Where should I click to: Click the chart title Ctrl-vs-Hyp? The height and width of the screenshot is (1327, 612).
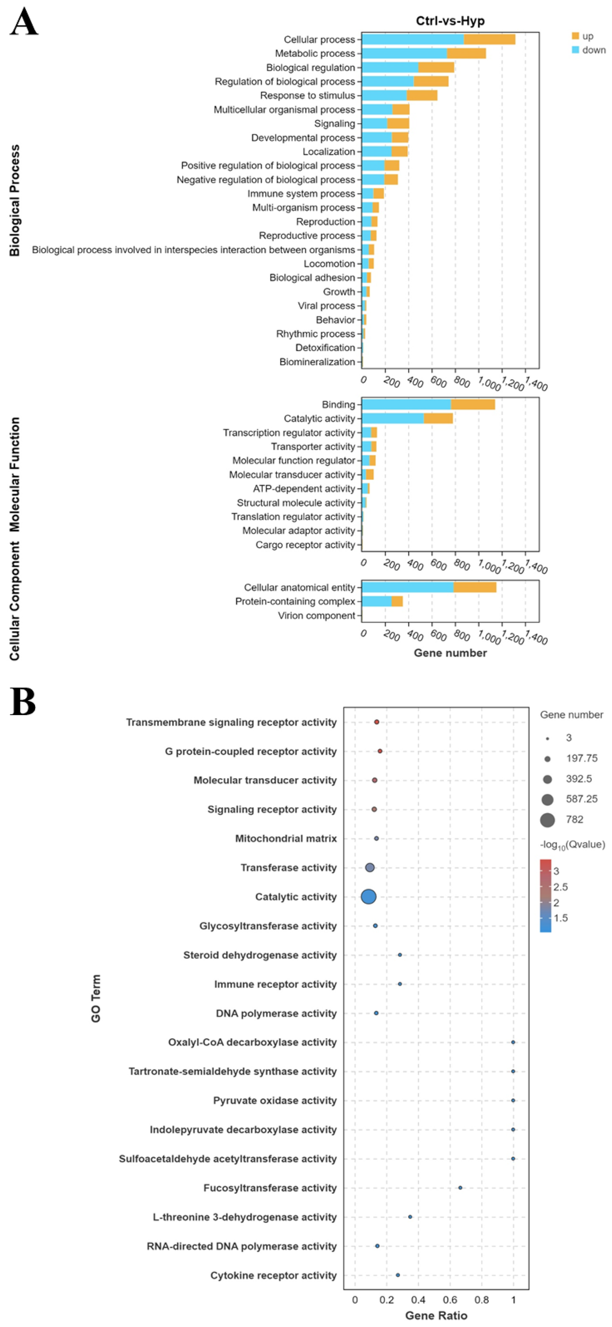[450, 21]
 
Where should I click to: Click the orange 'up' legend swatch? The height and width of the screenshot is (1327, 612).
[575, 36]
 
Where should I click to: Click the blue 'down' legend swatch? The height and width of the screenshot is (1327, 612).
[575, 50]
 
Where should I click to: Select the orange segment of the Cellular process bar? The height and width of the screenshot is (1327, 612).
[489, 39]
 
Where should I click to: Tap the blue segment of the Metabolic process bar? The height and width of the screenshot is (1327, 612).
[404, 53]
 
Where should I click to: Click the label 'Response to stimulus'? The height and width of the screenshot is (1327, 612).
[307, 96]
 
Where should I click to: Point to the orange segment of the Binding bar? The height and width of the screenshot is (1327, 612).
[472, 404]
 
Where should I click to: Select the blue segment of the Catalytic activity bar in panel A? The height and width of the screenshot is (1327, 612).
[393, 418]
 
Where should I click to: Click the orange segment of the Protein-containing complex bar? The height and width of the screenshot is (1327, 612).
[397, 601]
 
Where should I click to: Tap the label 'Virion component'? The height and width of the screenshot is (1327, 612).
[316, 616]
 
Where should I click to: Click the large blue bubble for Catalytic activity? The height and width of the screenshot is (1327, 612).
[368, 897]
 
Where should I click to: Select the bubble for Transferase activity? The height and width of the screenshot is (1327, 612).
[370, 867]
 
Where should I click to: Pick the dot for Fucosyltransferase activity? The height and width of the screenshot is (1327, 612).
[460, 1187]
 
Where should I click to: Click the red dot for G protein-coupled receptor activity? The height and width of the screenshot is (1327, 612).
[380, 751]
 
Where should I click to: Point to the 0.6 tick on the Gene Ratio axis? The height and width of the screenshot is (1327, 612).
[450, 1300]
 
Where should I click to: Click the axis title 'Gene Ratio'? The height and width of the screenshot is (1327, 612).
[436, 1315]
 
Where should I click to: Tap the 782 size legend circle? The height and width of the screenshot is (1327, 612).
[547, 820]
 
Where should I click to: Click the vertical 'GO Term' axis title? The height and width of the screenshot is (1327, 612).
[96, 998]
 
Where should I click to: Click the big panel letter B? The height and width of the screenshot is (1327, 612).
[22, 702]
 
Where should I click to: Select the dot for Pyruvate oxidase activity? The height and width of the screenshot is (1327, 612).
[513, 1100]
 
